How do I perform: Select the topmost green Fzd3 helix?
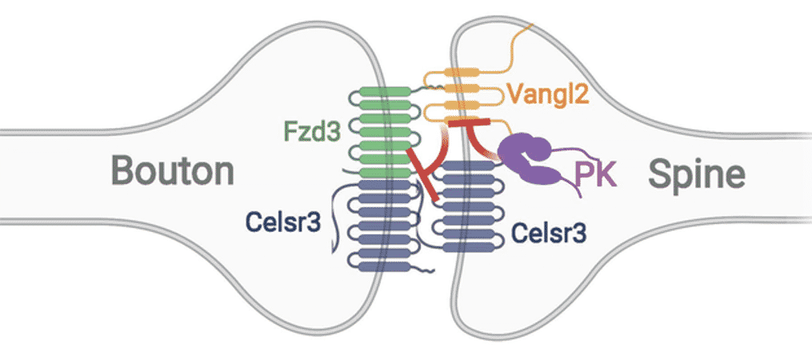pos(381,94)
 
